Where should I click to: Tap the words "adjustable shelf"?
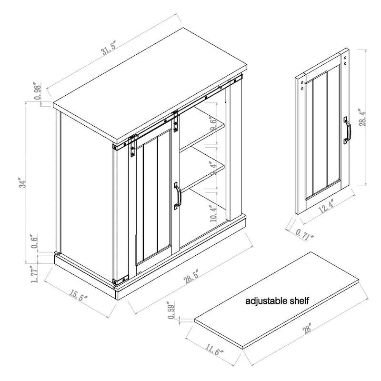pos(277,301)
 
